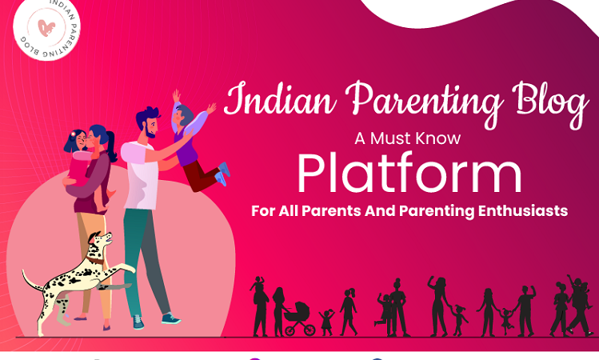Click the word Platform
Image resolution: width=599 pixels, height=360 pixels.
409,174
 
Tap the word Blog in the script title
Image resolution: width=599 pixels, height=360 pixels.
551,102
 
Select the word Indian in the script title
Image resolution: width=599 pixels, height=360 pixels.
281,98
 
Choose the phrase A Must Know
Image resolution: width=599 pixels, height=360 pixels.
408,138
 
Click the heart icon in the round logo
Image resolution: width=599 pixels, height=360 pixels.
46,28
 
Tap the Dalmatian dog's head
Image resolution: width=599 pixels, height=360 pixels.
99,242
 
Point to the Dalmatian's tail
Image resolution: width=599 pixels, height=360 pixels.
32,281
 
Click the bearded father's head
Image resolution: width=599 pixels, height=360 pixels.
148,122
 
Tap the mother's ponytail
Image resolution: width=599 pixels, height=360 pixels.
111,146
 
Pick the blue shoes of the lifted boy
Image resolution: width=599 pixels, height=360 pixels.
222,174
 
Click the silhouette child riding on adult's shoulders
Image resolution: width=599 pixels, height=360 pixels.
258,284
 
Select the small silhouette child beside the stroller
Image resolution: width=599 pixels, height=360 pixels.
326,323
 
